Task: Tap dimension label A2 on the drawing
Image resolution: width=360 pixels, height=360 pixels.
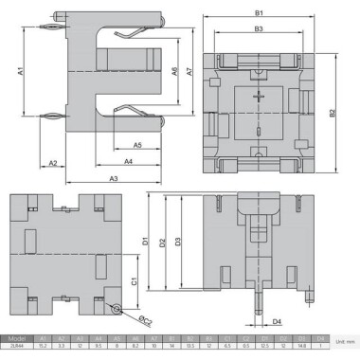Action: click(x=54, y=164)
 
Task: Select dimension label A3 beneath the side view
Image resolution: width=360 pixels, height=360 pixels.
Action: click(x=113, y=178)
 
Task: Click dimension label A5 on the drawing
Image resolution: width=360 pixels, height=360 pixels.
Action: click(x=137, y=145)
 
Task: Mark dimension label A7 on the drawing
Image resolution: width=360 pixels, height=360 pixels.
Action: click(x=189, y=72)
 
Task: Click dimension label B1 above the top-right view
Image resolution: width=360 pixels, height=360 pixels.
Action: click(x=258, y=12)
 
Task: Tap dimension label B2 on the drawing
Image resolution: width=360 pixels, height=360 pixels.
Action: click(x=333, y=113)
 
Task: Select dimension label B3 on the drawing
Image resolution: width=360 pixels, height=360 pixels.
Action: click(x=258, y=29)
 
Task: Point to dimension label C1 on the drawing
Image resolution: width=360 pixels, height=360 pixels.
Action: click(x=135, y=281)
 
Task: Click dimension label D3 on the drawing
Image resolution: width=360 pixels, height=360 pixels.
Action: click(x=180, y=243)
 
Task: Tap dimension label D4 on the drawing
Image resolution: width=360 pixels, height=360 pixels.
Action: click(x=277, y=322)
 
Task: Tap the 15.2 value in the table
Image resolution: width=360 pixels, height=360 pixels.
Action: click(x=43, y=346)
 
